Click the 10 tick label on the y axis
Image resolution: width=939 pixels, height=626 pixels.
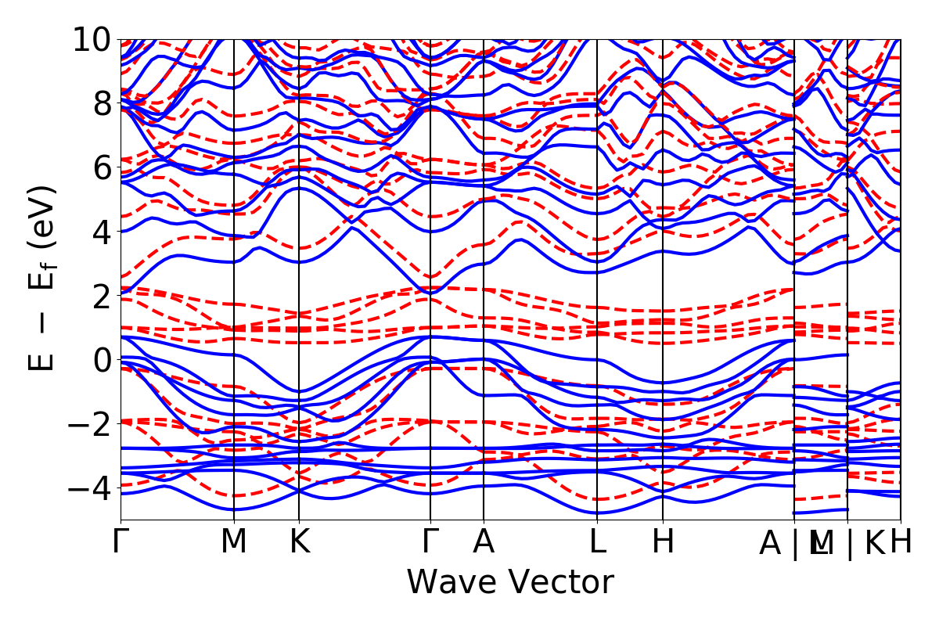[x=93, y=39]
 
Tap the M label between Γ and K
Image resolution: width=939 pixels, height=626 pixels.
[x=234, y=542]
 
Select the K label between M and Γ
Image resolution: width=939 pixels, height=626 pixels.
[x=299, y=542]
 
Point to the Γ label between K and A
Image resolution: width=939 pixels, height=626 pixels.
[x=430, y=542]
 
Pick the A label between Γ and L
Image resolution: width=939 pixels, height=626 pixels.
[x=484, y=542]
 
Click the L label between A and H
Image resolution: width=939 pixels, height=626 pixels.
[x=597, y=542]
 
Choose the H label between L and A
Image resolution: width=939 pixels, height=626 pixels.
[x=663, y=542]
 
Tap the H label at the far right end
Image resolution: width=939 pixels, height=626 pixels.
[x=901, y=542]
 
